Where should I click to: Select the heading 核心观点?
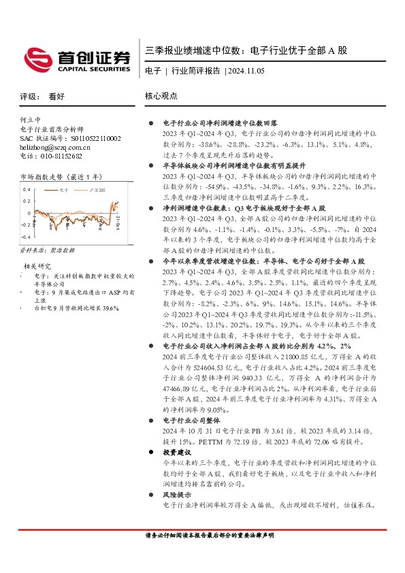161,97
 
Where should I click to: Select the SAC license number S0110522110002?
87,138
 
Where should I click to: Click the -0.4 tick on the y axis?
26,237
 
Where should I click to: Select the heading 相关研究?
37,265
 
